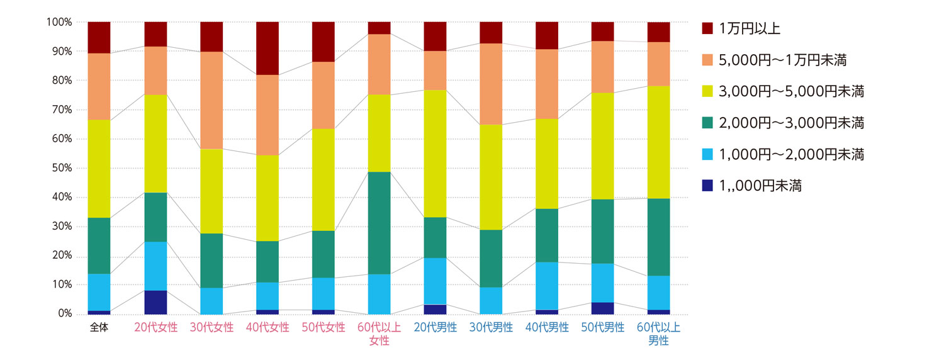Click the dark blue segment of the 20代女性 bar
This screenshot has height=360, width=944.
click(155, 302)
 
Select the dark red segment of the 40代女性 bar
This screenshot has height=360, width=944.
click(267, 48)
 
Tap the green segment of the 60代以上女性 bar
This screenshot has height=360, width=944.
click(379, 223)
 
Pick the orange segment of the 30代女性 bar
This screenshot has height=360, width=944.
click(211, 100)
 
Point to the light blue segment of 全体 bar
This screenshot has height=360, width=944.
click(99, 292)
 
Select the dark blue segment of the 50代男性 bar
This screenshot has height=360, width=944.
click(602, 308)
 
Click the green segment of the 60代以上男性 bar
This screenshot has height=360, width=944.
click(658, 237)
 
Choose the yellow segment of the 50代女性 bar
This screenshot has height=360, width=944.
click(323, 179)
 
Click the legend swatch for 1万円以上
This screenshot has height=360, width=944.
click(707, 28)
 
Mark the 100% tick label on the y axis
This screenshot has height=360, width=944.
click(59, 22)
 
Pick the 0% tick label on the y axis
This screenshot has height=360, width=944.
click(64, 313)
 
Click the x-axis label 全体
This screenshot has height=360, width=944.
click(99, 328)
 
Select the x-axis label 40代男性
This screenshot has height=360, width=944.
click(547, 328)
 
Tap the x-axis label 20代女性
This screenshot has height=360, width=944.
click(155, 328)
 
